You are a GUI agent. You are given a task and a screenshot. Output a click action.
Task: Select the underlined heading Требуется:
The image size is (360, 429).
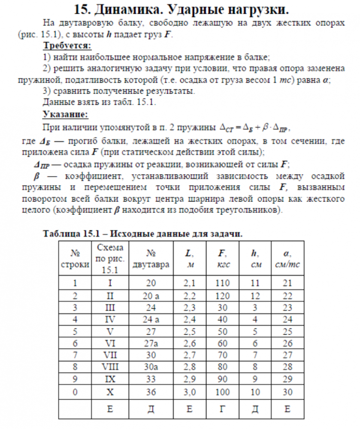(x=67, y=46)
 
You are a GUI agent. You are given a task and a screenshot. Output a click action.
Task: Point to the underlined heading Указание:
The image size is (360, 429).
(x=65, y=115)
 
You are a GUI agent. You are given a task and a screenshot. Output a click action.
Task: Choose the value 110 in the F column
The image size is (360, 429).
(x=223, y=283)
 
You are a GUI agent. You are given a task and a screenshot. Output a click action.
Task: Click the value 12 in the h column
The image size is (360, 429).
(x=256, y=296)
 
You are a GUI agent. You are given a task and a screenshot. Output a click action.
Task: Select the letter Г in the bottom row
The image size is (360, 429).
(x=223, y=409)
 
